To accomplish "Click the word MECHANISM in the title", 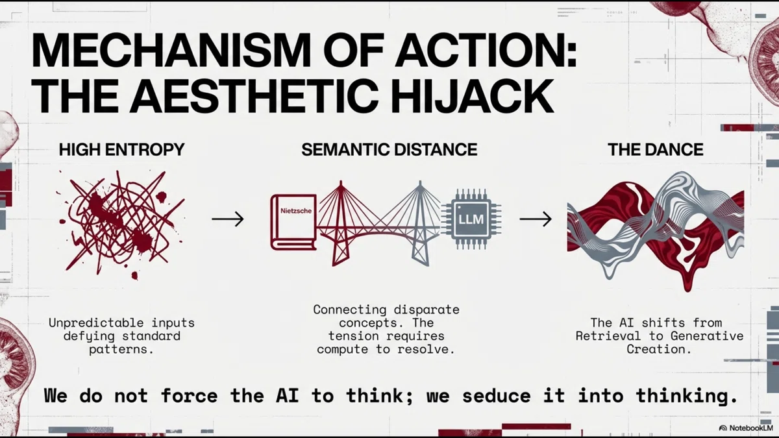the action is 171,50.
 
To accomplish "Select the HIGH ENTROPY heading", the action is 121,149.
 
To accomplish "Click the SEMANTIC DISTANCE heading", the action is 389,149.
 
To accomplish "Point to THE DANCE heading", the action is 656,149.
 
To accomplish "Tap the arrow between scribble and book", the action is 228,219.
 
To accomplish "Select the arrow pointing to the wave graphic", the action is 536,219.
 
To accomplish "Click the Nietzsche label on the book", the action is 296,211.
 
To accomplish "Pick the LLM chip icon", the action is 471,219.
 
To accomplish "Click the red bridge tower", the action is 341,223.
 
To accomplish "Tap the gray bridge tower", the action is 421,223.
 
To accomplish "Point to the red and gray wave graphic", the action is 656,230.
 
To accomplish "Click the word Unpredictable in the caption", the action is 96,323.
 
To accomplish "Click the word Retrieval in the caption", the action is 608,336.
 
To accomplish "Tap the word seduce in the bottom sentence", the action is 497,396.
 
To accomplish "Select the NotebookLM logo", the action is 746,428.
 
